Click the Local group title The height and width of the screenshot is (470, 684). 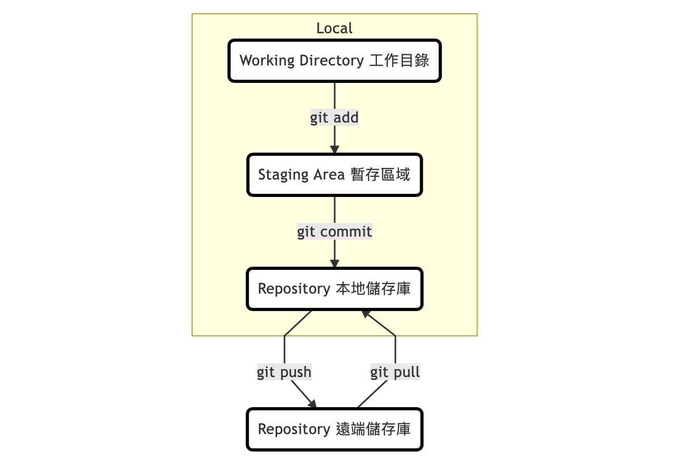click(334, 28)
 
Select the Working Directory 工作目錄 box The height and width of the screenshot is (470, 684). click(334, 61)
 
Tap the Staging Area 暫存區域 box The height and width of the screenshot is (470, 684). click(334, 175)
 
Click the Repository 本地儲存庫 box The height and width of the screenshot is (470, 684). click(334, 289)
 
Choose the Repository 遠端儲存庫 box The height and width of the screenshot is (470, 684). click(334, 429)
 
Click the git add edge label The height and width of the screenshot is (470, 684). click(334, 117)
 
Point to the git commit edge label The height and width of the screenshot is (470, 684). click(335, 231)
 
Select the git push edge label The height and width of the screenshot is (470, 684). click(284, 372)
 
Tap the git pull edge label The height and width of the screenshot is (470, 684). click(395, 372)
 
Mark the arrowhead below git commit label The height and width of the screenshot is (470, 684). click(335, 263)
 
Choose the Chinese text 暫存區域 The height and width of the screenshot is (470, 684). click(381, 175)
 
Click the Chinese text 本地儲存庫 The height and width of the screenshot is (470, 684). click(373, 289)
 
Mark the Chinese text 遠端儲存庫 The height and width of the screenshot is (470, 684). click(373, 429)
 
